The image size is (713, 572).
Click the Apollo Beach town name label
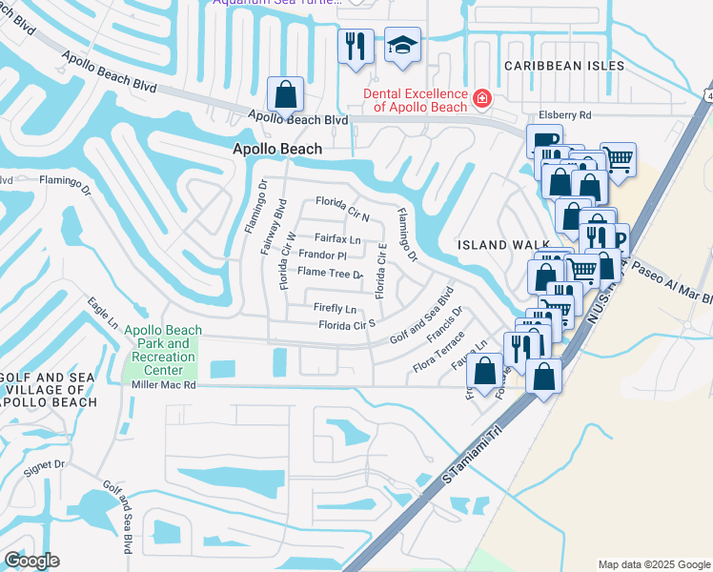tap(277, 150)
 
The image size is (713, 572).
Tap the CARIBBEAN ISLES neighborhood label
tap(564, 66)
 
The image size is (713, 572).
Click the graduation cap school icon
tap(402, 45)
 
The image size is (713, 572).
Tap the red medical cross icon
tap(482, 98)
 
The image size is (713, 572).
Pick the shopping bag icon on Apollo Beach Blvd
tap(285, 94)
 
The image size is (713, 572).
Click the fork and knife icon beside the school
tap(356, 45)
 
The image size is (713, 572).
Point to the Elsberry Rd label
tap(565, 115)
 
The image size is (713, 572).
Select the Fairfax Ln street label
tap(337, 239)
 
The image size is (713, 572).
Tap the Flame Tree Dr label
tap(330, 274)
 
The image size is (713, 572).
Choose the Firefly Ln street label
tap(335, 309)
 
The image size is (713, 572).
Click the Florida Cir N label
tap(342, 207)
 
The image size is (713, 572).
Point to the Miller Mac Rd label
tap(163, 386)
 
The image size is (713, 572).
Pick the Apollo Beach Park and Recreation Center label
tap(163, 350)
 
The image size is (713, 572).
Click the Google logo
tap(31, 561)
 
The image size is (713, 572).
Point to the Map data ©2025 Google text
tap(653, 564)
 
